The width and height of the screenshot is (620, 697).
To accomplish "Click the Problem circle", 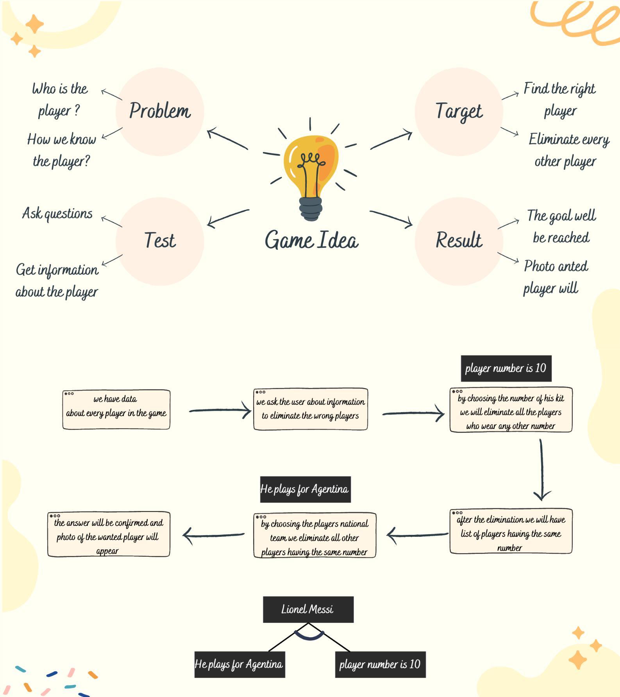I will pyautogui.click(x=160, y=112).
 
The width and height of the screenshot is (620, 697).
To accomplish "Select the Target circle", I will pyautogui.click(x=459, y=112).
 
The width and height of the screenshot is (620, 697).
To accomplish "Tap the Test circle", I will pyautogui.click(x=160, y=241).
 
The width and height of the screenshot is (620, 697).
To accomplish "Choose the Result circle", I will pyautogui.click(x=459, y=241).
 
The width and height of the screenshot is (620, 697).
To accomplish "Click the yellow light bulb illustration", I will pyautogui.click(x=311, y=172).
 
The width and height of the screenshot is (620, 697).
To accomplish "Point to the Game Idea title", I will pyautogui.click(x=311, y=240).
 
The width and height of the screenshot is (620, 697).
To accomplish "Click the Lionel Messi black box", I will pyautogui.click(x=308, y=609).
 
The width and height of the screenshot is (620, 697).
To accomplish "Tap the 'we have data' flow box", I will pyautogui.click(x=116, y=409).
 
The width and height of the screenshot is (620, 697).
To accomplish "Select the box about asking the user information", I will pyautogui.click(x=310, y=409).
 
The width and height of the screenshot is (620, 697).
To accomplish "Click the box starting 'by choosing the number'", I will pyautogui.click(x=511, y=410).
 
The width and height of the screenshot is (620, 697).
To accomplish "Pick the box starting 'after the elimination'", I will pyautogui.click(x=511, y=531).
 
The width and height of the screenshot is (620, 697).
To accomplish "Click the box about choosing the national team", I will pyautogui.click(x=314, y=536).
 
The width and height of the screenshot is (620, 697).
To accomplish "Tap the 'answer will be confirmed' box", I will pyautogui.click(x=109, y=534).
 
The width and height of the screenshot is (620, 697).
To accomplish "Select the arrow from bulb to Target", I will pyautogui.click(x=391, y=141).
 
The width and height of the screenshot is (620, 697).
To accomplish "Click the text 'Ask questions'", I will pyautogui.click(x=57, y=214).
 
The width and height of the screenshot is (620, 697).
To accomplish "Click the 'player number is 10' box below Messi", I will pyautogui.click(x=380, y=664).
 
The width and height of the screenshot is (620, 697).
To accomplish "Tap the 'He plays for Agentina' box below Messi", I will pyautogui.click(x=239, y=664).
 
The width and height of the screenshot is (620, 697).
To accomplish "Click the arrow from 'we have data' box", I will pyautogui.click(x=220, y=411).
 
